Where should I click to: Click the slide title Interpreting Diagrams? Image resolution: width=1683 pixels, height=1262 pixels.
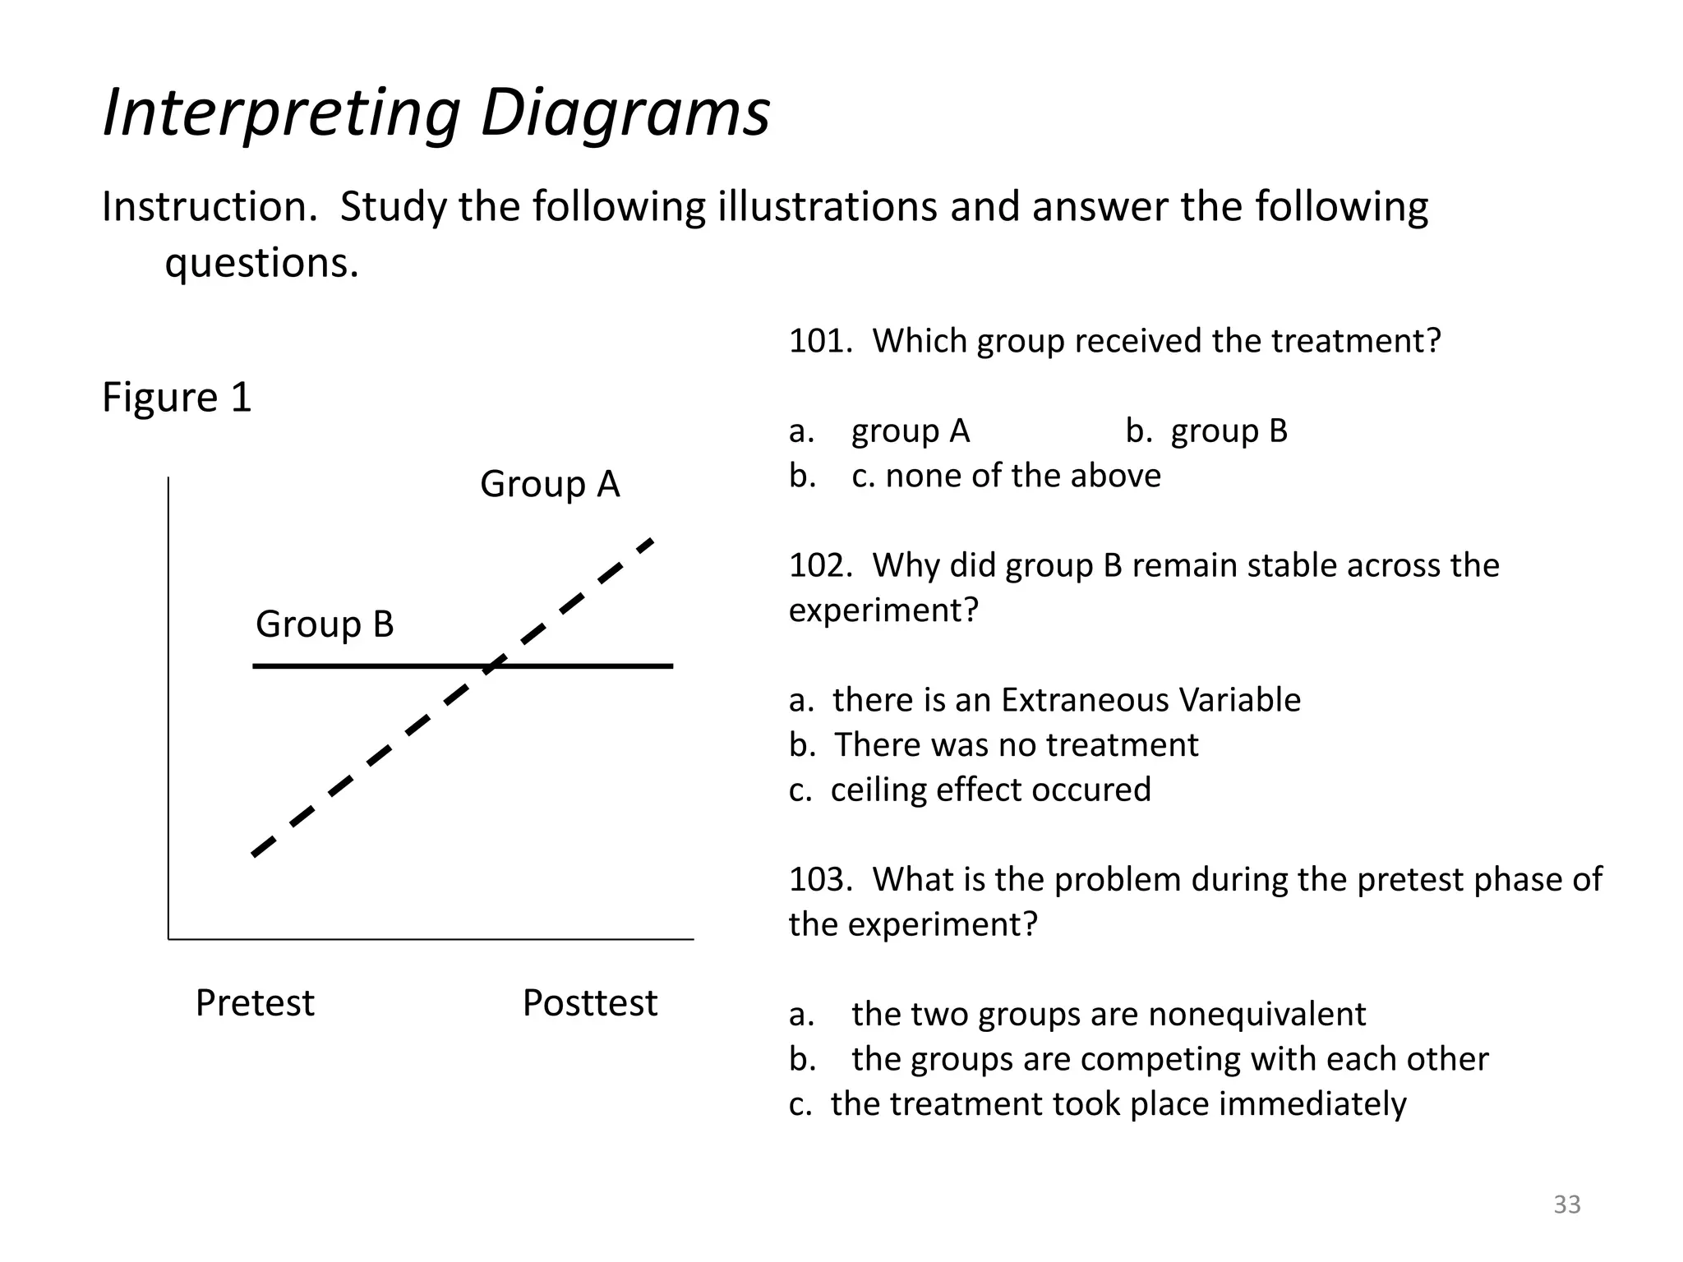[436, 113]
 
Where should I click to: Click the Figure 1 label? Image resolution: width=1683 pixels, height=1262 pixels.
[177, 398]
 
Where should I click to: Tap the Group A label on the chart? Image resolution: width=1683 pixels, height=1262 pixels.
[550, 484]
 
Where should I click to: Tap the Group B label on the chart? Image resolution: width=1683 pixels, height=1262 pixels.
[325, 624]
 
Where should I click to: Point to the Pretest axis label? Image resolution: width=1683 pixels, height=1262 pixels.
[255, 1003]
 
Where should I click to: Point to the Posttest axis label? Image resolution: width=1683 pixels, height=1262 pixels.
[590, 1003]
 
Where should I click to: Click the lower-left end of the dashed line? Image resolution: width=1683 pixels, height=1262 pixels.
[255, 854]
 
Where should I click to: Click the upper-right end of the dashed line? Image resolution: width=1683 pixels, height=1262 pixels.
[651, 541]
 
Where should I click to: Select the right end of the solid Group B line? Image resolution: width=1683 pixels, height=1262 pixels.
[671, 666]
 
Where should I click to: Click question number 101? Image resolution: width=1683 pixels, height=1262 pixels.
[819, 341]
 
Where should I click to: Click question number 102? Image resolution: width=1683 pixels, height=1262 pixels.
[819, 566]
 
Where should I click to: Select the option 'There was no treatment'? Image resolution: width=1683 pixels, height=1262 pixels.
[1016, 745]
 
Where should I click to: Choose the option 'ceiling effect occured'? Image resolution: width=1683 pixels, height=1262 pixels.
[990, 790]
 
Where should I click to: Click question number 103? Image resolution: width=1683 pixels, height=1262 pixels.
[819, 880]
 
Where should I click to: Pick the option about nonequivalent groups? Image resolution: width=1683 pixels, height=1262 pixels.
[1108, 1015]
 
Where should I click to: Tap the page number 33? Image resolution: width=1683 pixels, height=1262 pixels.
[1566, 1204]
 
